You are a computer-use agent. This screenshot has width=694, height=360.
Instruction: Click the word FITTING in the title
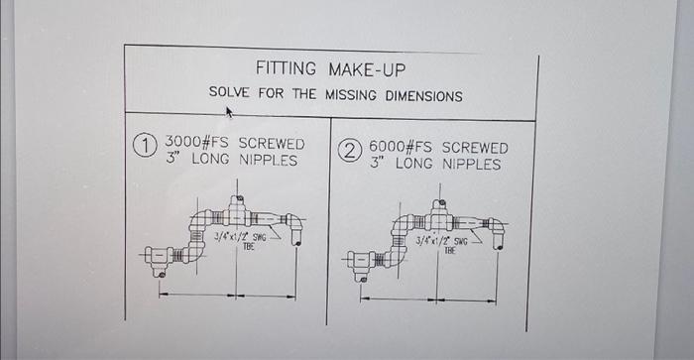286,69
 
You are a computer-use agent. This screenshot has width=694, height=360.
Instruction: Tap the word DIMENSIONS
424,96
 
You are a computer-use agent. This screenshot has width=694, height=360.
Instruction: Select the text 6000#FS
402,147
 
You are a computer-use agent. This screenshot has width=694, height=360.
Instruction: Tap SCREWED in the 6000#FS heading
473,147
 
